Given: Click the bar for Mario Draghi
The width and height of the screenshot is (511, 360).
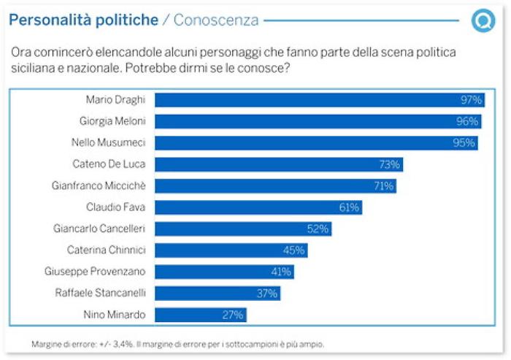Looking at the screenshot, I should point(319,100).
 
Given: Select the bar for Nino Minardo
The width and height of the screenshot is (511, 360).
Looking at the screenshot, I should point(201,315).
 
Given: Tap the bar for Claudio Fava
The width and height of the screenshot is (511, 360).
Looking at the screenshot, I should point(258,207).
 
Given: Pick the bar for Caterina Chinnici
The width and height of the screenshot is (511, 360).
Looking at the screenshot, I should point(231,250).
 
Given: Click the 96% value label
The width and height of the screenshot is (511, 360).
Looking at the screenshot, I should point(466,121).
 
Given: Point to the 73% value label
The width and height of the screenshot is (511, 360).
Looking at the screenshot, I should point(388,164).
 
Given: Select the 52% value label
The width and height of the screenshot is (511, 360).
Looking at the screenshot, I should point(318,229).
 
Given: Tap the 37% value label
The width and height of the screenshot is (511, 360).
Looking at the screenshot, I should point(266,294).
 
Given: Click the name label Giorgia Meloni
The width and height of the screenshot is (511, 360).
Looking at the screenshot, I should point(112,121).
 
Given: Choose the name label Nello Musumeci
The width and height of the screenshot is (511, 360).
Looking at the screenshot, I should point(110,142).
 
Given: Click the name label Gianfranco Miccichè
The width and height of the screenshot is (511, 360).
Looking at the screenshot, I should point(101,185).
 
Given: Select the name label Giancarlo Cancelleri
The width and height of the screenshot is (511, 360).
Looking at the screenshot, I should point(100,229).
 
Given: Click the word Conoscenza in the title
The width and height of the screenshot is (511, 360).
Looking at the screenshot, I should point(215,20).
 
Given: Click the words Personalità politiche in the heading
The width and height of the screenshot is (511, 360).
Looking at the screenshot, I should point(83,20).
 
